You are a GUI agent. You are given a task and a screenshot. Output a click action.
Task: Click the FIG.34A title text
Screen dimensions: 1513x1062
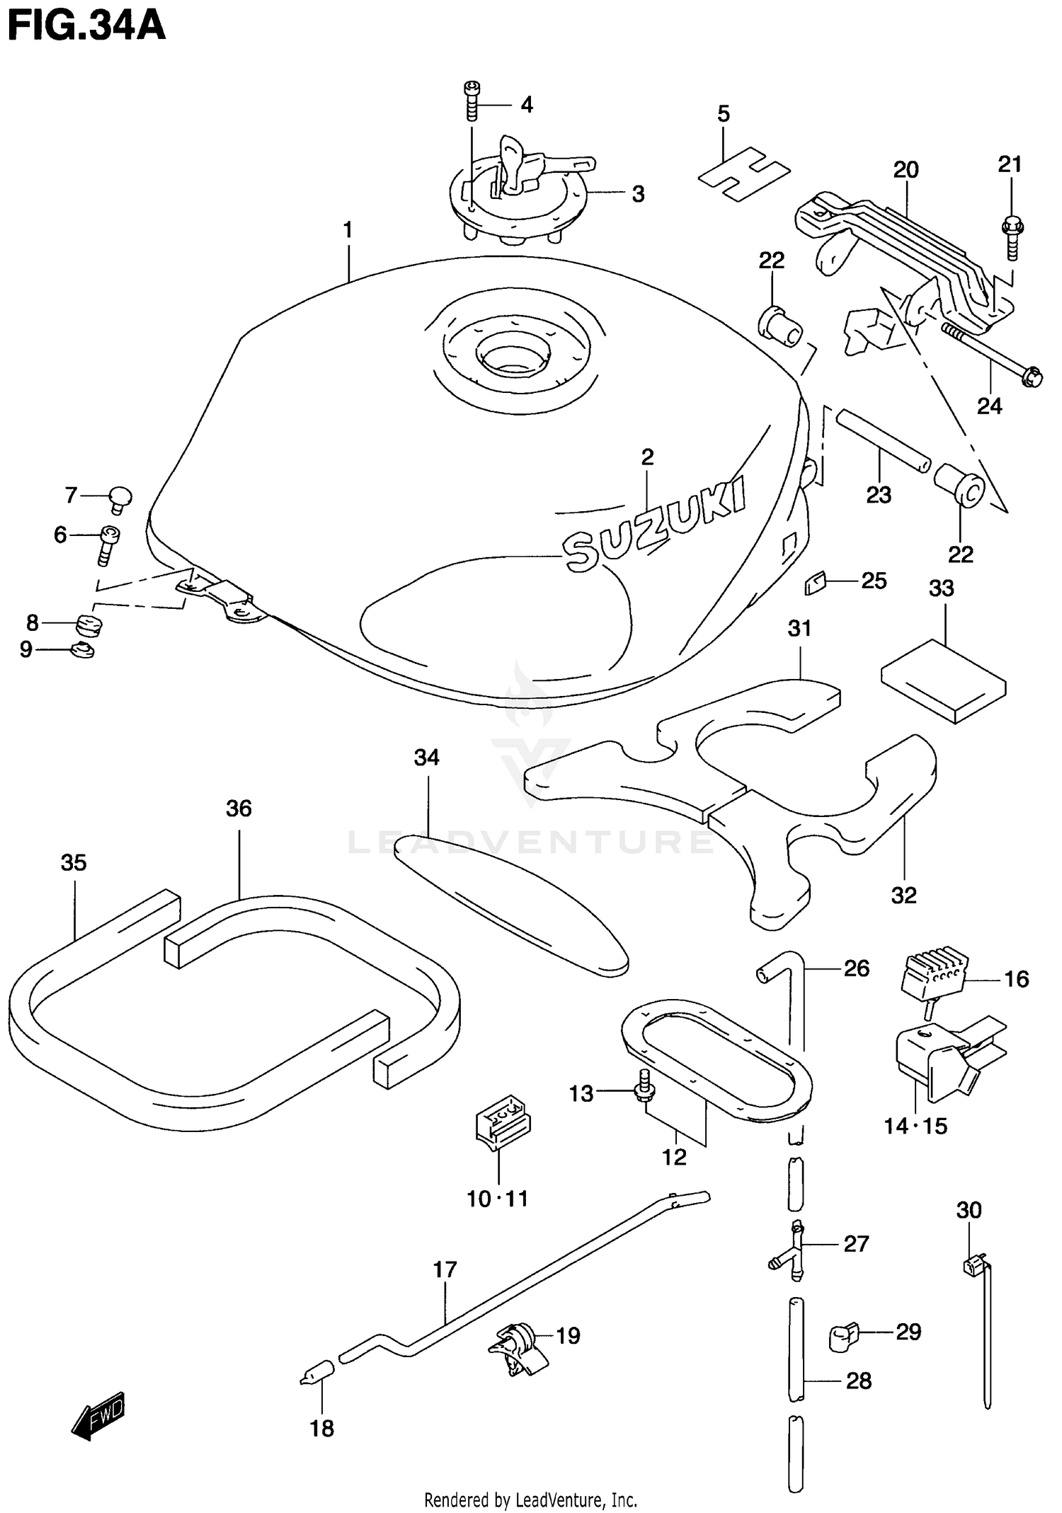pos(86,26)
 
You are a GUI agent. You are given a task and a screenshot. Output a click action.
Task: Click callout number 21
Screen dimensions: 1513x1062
pos(1010,164)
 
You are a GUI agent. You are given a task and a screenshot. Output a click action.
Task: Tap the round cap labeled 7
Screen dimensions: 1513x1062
pos(121,498)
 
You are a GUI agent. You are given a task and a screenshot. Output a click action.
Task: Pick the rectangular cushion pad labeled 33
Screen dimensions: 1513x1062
pos(943,680)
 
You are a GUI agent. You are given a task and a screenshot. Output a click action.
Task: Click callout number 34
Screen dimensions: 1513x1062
pos(427,758)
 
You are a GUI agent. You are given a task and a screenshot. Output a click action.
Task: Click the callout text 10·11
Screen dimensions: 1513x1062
pos(497,1199)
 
